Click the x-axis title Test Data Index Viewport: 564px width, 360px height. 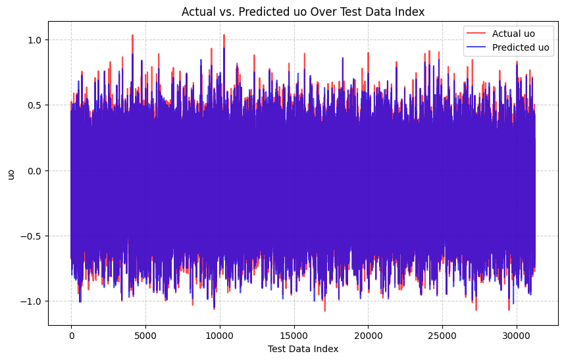pos(303,349)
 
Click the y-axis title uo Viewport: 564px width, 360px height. pos(11,174)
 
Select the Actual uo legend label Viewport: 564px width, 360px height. pos(513,34)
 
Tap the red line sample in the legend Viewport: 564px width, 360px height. pos(476,34)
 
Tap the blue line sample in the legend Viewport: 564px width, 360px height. pos(476,47)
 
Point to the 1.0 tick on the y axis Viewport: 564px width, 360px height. pos(35,40)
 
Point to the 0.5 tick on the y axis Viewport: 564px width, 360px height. pos(35,105)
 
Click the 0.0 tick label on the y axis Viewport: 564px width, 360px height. pos(35,170)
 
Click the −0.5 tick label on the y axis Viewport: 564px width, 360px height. pos(32,236)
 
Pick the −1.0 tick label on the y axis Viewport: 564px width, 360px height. pos(32,301)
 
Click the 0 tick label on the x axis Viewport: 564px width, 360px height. pos(71,335)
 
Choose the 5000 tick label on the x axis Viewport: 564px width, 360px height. pos(145,335)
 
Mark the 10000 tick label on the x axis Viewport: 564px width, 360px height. pos(220,335)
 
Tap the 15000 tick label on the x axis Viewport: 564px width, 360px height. pos(294,335)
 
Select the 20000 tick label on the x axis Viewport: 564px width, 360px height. pos(368,335)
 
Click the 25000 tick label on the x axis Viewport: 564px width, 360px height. pos(442,335)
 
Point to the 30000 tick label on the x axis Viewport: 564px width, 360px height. pos(517,335)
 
